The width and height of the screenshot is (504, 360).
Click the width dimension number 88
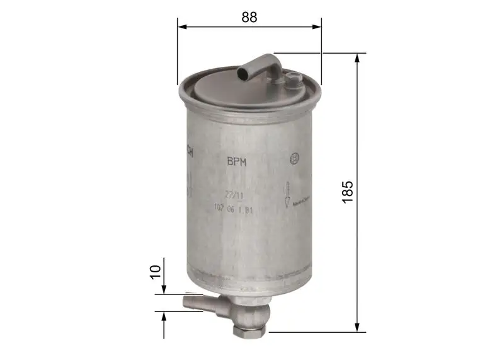[249, 17]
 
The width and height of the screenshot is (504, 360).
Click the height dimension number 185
[347, 192]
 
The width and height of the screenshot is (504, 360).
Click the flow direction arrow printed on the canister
[287, 194]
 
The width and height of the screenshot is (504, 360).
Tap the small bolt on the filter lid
[292, 79]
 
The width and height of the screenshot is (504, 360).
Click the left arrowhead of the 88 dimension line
[181, 26]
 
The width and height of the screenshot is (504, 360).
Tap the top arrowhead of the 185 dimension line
[357, 57]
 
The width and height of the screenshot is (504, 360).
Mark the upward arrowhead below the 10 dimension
[164, 315]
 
